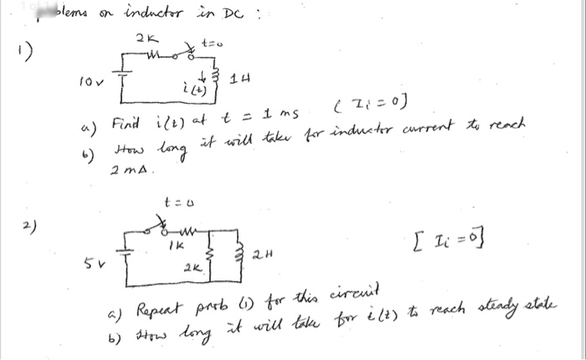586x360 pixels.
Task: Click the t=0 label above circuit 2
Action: [x=174, y=202]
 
